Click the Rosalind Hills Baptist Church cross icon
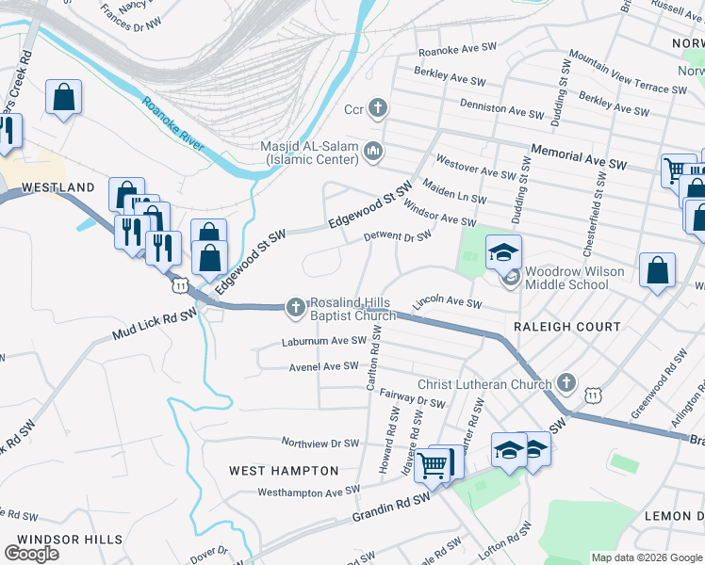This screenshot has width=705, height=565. tap(296, 306)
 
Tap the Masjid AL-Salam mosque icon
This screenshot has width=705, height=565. tap(373, 152)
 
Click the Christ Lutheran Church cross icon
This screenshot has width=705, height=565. tap(566, 382)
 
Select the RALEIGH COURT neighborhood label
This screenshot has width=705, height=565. tap(566, 327)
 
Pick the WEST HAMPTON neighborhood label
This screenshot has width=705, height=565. tap(284, 470)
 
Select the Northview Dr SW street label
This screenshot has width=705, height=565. tap(321, 442)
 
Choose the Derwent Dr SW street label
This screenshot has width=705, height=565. tap(398, 236)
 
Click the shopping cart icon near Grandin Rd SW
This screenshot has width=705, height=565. tap(433, 462)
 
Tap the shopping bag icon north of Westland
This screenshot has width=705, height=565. tap(63, 96)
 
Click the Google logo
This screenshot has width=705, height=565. tap(31, 554)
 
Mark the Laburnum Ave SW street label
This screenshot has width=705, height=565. tap(323, 341)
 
